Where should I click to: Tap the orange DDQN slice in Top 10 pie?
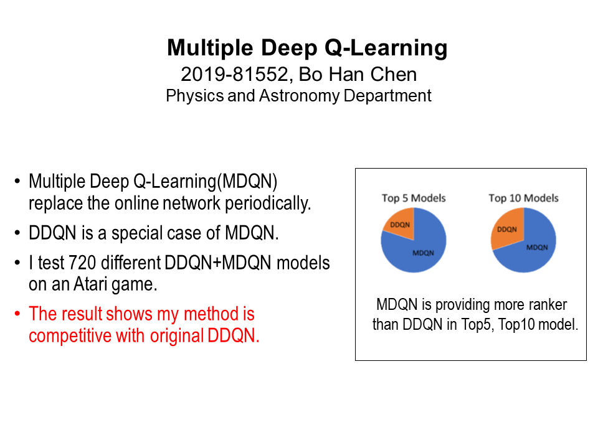(507, 228)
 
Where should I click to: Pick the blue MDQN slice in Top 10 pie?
(532, 250)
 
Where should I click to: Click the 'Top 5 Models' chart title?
(414, 198)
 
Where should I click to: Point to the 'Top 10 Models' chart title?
(524, 198)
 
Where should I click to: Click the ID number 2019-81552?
(234, 74)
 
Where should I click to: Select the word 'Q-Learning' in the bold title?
(386, 49)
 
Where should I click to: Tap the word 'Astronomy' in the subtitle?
(299, 96)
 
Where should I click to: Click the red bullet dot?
(17, 314)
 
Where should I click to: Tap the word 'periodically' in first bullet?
(268, 203)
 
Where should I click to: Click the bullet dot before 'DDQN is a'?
(17, 233)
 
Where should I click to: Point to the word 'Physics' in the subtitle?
(195, 96)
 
